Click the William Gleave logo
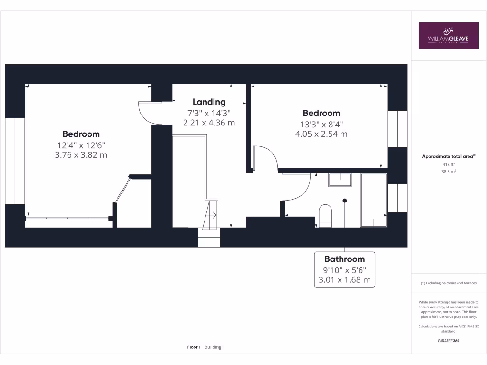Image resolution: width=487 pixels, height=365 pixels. point(448,36)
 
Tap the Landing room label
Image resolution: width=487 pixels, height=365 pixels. point(209,102)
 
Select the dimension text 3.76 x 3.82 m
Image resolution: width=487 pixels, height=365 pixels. point(81,154)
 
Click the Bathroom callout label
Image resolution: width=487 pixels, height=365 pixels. point(344,259)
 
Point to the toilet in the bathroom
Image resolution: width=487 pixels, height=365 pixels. point(325,215)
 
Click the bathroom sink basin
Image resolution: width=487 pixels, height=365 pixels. point(340,180)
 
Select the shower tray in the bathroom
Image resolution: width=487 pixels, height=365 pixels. point(374,200)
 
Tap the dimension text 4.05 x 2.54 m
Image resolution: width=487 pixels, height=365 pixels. point(321,134)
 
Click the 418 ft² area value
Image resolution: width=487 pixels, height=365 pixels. point(448,164)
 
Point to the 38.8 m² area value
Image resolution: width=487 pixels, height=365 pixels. point(448,172)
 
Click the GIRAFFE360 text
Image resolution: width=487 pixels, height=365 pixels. point(448,341)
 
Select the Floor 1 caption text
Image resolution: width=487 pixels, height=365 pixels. point(194,347)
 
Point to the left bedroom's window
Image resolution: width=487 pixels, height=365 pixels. point(15,161)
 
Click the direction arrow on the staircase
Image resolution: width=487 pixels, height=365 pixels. point(214,214)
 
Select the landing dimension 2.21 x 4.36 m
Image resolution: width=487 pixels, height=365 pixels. point(209,123)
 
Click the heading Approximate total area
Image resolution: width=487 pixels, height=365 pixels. point(448,156)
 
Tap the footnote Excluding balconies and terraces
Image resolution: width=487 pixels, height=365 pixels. point(448,283)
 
